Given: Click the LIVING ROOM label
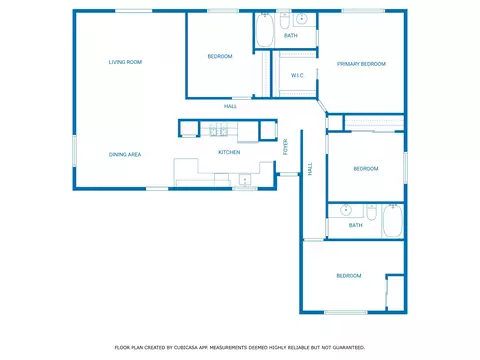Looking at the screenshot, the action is tap(125, 62).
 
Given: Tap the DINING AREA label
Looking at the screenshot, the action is tap(125, 154).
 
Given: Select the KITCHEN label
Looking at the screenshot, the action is tap(229, 152).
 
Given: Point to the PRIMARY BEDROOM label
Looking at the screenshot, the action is tap(361, 64).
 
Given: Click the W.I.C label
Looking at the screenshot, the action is tap(297, 75).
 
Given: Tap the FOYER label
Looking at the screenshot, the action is tap(286, 147).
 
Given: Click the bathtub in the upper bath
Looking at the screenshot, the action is tap(265, 30).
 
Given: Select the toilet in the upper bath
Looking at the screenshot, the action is tap(285, 21).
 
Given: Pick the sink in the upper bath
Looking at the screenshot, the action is tap(301, 19).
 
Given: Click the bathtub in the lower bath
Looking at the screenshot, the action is tap(392, 221).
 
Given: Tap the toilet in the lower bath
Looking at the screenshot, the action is tap(371, 212).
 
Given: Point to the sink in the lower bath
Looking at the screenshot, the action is tap(346, 210).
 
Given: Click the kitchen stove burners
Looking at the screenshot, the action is tap(219, 130).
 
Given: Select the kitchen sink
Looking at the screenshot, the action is tap(245, 180).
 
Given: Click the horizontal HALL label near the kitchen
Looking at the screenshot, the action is tap(230, 106).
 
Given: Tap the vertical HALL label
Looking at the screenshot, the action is tap(310, 169).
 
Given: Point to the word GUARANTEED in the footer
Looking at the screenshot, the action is tap(349, 348).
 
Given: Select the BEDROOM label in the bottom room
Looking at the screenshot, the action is tap(349, 276).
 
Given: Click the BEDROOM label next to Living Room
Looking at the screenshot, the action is tap(220, 56).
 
